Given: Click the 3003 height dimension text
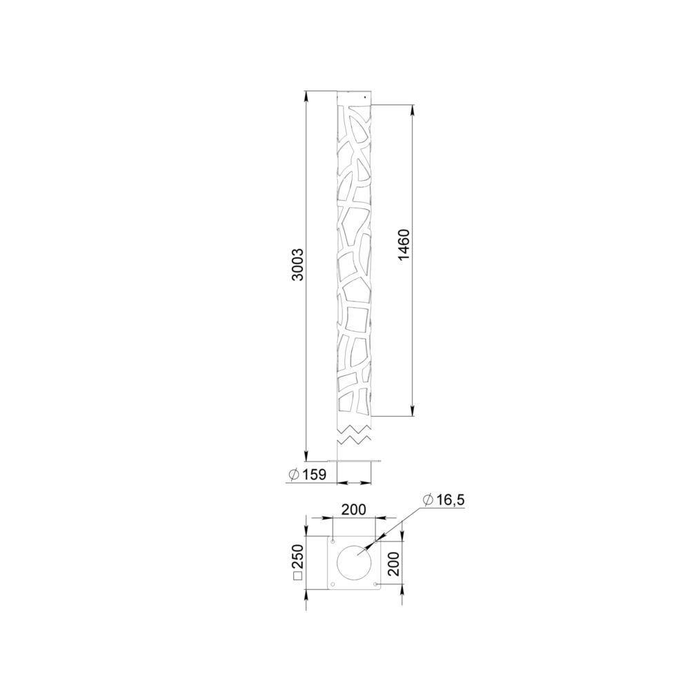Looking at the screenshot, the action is (298, 264).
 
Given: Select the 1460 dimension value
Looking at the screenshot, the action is (404, 245).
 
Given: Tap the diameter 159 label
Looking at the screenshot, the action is (308, 475).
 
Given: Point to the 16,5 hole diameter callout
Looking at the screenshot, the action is (444, 500).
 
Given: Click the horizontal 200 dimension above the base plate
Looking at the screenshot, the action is (354, 510).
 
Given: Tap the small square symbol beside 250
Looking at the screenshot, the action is (298, 577).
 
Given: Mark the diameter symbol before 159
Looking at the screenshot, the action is (295, 475).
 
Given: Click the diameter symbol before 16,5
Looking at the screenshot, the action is (427, 500).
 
